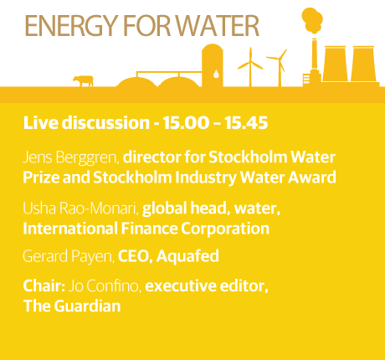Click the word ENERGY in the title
[x=70, y=26]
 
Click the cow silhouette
[x=83, y=81]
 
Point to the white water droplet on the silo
[x=216, y=74]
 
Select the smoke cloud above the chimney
[x=312, y=20]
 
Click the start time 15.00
[x=186, y=123]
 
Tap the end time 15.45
[x=246, y=123]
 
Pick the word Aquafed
[x=187, y=256]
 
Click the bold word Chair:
[x=44, y=285]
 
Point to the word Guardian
[x=87, y=306]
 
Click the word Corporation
[x=225, y=229]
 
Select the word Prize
[x=41, y=177]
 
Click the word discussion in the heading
[x=105, y=123]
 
